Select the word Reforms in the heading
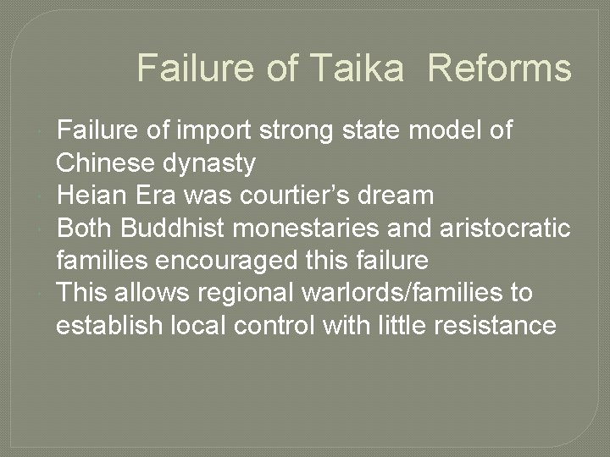500,69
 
